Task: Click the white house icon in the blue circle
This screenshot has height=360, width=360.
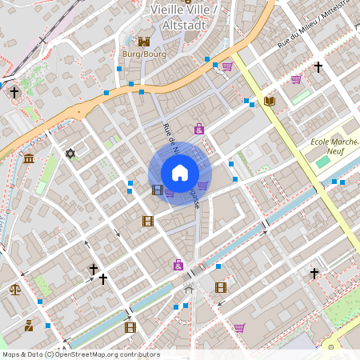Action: pyautogui.click(x=180, y=173)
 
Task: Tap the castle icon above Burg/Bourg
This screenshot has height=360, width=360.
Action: pyautogui.click(x=144, y=41)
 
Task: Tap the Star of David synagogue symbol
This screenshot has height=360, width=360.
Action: pyautogui.click(x=70, y=153)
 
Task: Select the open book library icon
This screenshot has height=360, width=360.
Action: pyautogui.click(x=269, y=101)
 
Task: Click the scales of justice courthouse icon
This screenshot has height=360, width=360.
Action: pyautogui.click(x=14, y=290)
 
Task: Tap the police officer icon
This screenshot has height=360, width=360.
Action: pyautogui.click(x=29, y=326)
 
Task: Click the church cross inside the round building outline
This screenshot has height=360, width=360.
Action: pyautogui.click(x=14, y=93)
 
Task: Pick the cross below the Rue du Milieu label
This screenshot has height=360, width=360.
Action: pyautogui.click(x=318, y=67)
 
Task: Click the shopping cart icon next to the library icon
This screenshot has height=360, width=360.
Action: pyautogui.click(x=296, y=79)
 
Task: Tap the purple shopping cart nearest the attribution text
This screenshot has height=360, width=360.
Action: pyautogui.click(x=239, y=327)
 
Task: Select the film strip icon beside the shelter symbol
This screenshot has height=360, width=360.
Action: pyautogui.click(x=221, y=287)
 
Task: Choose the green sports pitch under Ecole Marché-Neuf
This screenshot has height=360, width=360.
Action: pyautogui.click(x=322, y=162)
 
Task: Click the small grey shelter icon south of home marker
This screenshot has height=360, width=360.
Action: pyautogui.click(x=190, y=286)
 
